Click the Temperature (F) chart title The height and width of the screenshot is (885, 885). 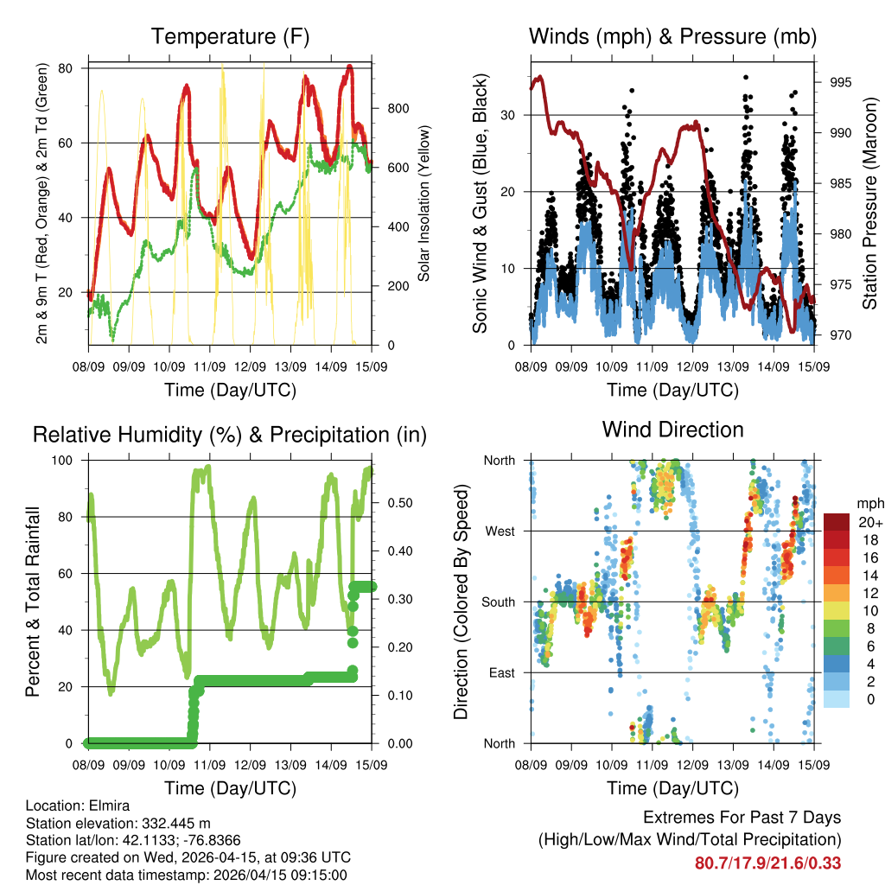(x=230, y=36)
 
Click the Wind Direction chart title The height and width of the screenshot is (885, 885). (x=672, y=430)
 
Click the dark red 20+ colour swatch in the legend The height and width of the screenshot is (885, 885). (x=836, y=522)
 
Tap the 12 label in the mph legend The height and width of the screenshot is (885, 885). (x=863, y=593)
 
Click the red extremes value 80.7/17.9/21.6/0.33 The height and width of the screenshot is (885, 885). (x=767, y=863)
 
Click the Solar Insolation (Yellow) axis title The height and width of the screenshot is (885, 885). (x=423, y=203)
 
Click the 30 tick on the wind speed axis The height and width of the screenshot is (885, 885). (x=512, y=115)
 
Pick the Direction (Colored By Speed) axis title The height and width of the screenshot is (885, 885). (x=461, y=602)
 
